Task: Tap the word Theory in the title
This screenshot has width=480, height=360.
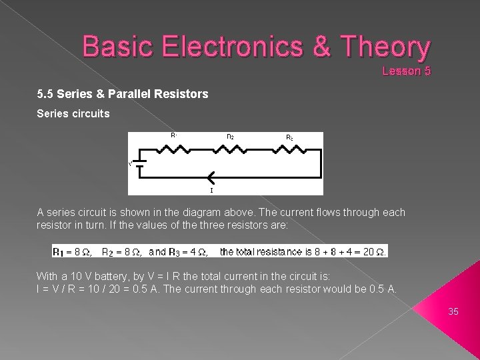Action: coord(385,47)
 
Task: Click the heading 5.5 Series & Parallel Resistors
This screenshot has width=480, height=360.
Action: coord(123,95)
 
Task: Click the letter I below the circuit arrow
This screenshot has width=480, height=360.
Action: coord(211,190)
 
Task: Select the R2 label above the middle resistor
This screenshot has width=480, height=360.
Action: coord(230,137)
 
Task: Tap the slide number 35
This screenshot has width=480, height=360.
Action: coord(454,311)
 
